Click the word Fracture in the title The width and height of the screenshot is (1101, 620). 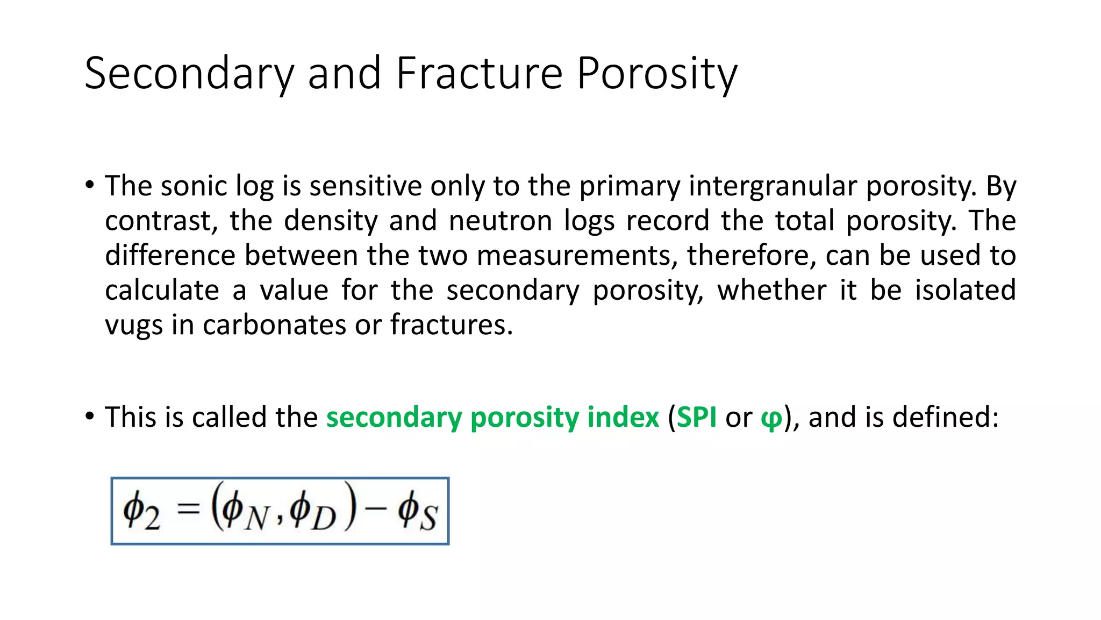pos(479,73)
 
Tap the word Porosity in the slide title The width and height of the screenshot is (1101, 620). pos(657,74)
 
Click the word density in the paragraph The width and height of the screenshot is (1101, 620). pos(331,221)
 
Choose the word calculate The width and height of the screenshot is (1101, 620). pos(162,291)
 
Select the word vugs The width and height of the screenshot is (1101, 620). pos(133,326)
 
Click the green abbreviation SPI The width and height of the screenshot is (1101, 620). pos(696,417)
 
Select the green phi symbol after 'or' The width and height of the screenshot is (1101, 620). pos(771,419)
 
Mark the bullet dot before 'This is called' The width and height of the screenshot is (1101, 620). pos(90,415)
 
